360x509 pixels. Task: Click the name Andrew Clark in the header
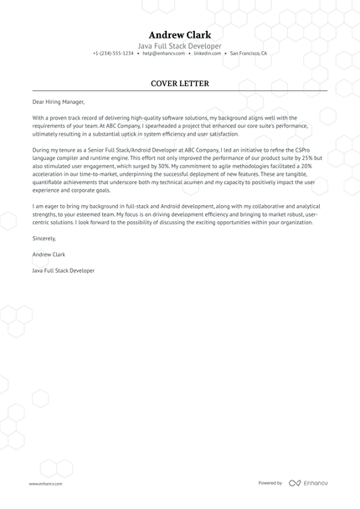pyautogui.click(x=180, y=34)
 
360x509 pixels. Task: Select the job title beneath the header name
pyautogui.click(x=180, y=45)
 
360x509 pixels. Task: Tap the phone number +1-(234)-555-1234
pyautogui.click(x=113, y=54)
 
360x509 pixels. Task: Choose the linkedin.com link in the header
pyautogui.click(x=207, y=54)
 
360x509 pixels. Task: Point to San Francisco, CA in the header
pyautogui.click(x=248, y=54)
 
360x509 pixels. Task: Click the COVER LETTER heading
pyautogui.click(x=180, y=84)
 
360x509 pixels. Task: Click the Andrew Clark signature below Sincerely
pyautogui.click(x=49, y=254)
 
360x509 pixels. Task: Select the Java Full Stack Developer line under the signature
pyautogui.click(x=64, y=271)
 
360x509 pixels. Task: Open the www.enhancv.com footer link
pyautogui.click(x=43, y=483)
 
